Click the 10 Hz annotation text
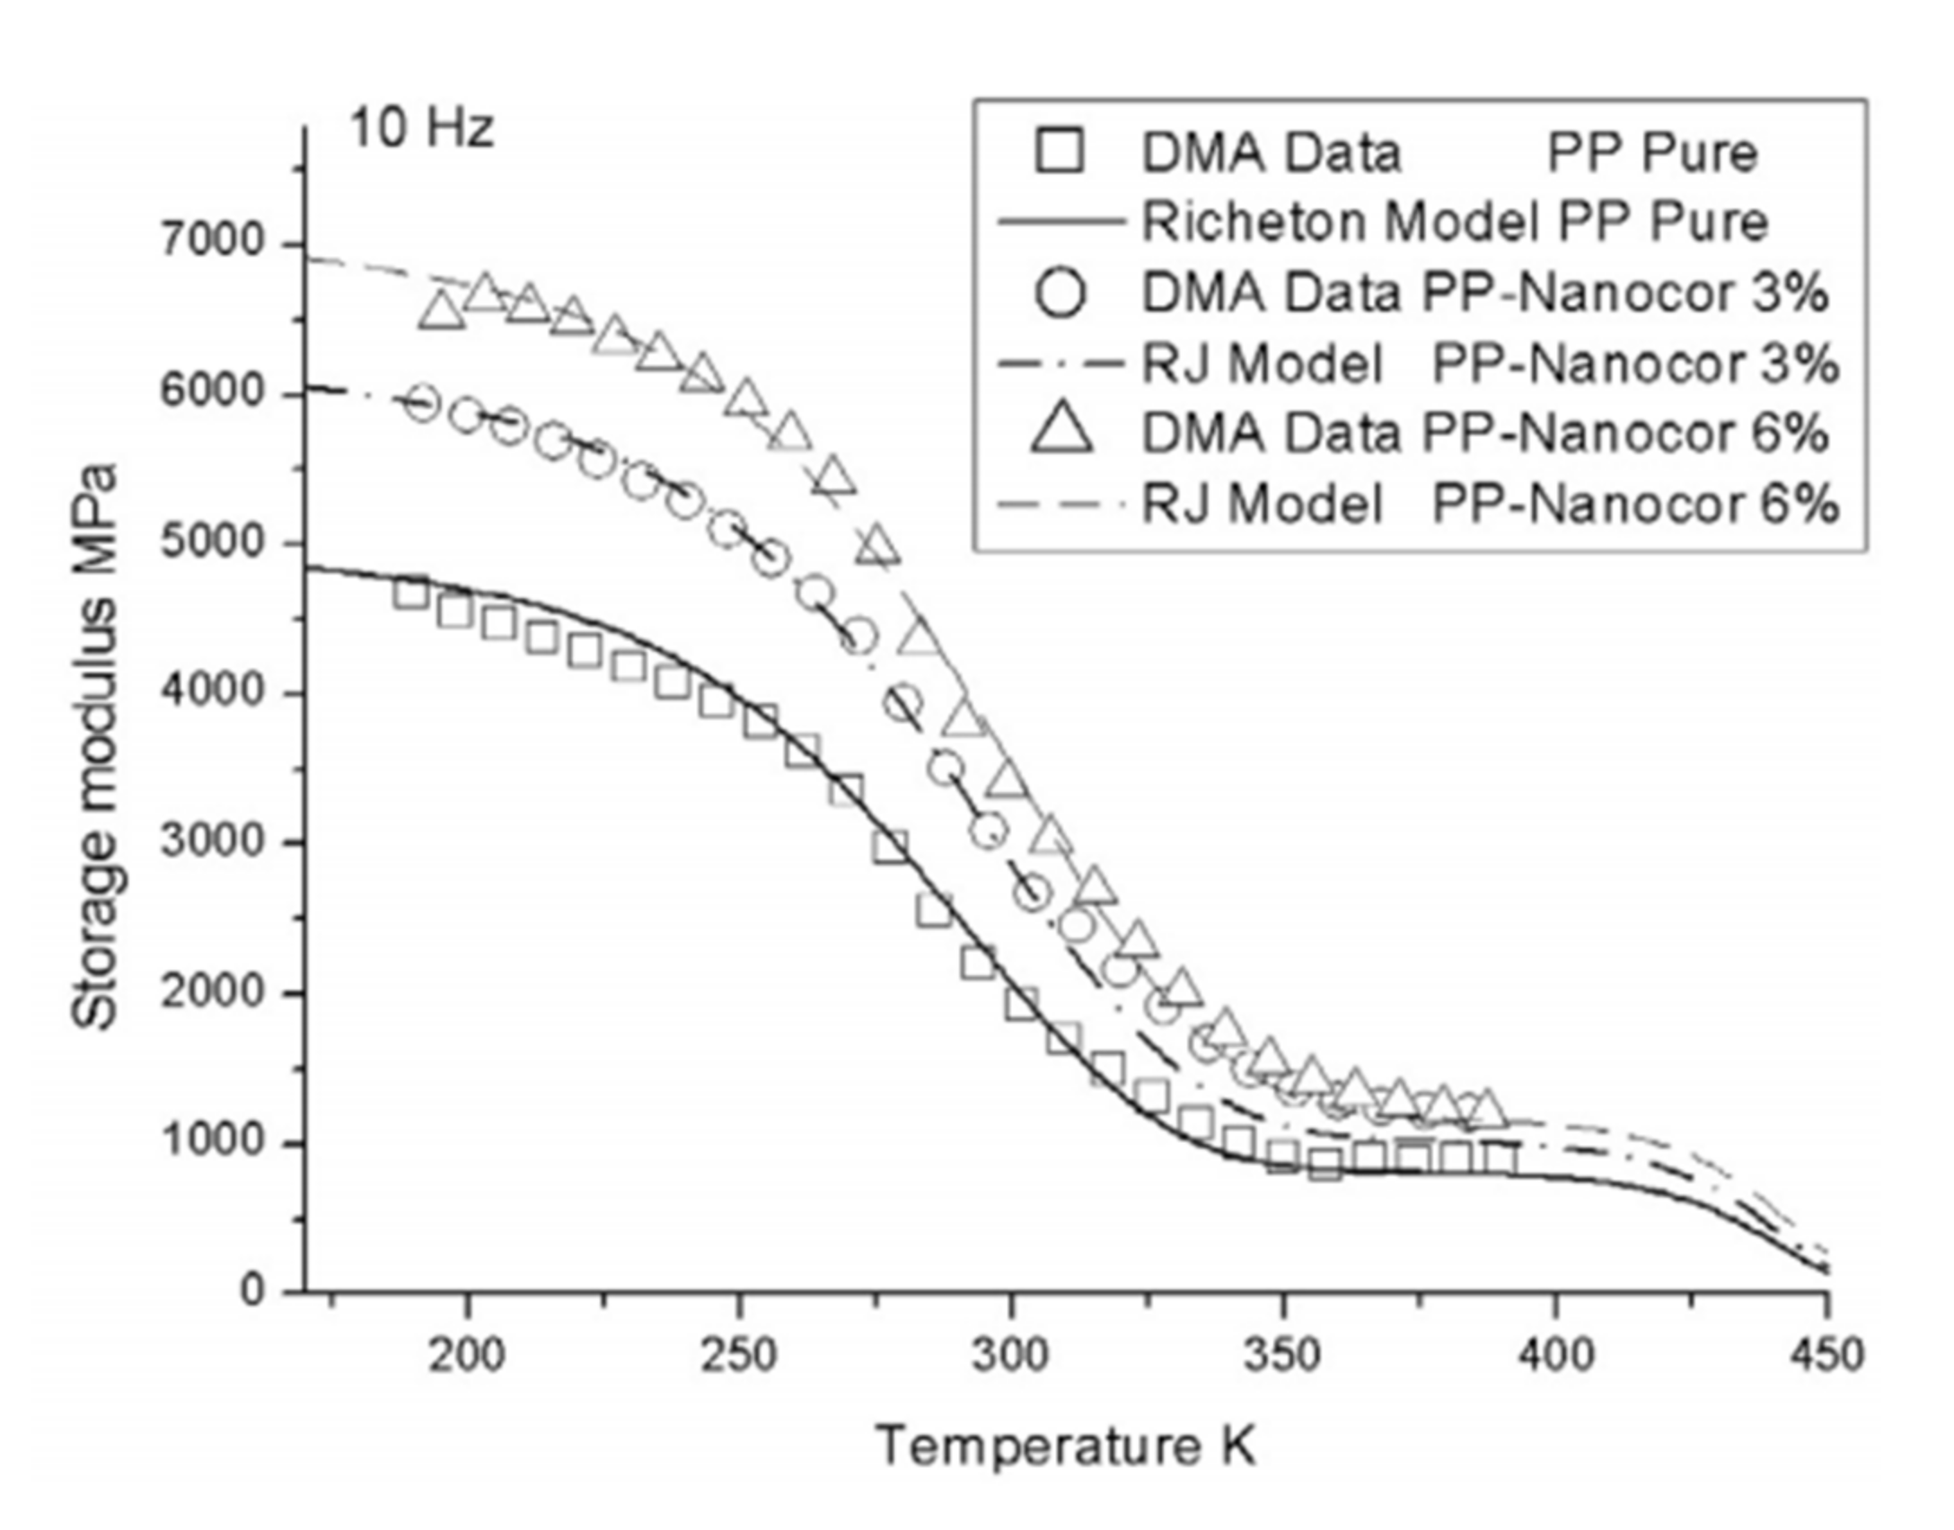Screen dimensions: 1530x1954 click(422, 128)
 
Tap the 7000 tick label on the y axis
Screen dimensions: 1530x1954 click(212, 243)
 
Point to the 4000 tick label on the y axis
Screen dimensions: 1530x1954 click(212, 692)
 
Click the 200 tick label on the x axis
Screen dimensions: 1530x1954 click(466, 1355)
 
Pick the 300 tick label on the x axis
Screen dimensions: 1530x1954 click(1010, 1355)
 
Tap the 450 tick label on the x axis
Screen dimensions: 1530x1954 click(1826, 1355)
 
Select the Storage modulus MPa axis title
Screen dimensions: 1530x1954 click(95, 745)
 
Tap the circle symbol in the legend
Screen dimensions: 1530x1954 click(1061, 293)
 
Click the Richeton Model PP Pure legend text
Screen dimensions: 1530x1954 click(1454, 222)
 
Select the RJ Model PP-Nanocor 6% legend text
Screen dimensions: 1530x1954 click(1489, 505)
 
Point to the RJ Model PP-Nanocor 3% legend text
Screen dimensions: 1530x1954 click(1489, 365)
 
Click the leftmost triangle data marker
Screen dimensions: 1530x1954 click(443, 311)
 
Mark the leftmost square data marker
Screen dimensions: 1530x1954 click(411, 594)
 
